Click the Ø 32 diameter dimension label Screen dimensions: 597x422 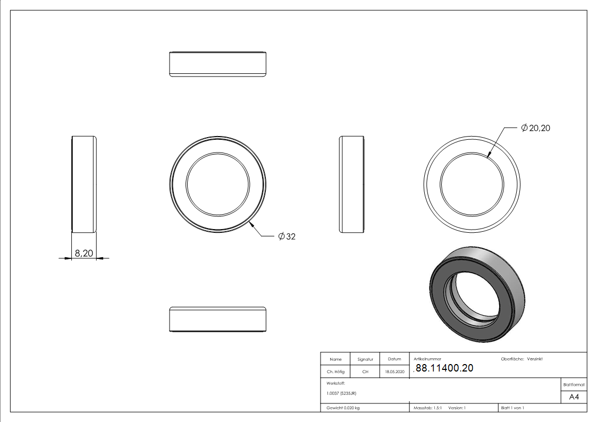pos(287,237)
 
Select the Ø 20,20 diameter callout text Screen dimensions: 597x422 pos(536,128)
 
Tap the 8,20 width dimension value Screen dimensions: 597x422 pos(84,253)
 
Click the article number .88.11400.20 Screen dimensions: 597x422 pos(443,368)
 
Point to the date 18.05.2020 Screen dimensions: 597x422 pos(394,372)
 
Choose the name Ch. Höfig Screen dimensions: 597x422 pos(335,372)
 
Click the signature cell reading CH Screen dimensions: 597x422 pos(365,372)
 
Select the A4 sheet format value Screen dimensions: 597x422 pos(574,397)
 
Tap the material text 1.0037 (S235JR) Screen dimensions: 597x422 pos(341,393)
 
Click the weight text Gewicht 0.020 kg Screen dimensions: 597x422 pos(343,408)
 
